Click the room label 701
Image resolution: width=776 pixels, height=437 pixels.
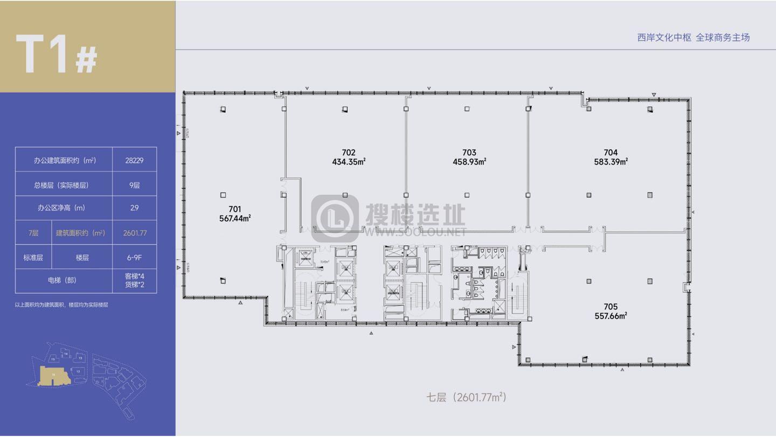[234, 209]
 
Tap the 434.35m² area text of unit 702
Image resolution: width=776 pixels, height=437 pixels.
[349, 161]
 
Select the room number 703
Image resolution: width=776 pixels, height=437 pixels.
[469, 153]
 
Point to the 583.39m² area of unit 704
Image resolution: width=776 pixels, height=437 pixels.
[611, 161]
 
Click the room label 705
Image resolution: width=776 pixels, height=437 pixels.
[611, 307]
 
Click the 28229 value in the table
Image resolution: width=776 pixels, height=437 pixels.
[134, 160]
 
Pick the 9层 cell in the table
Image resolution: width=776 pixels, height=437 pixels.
[134, 185]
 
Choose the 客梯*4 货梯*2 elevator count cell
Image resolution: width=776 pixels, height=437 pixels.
[134, 281]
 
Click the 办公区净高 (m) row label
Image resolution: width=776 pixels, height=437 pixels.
[61, 208]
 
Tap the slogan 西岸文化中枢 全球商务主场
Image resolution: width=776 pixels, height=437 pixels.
[693, 37]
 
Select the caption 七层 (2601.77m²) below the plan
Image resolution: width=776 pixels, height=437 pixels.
[467, 398]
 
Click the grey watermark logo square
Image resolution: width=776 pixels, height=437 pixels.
[335, 218]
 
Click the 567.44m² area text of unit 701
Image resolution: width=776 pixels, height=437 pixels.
[234, 218]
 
